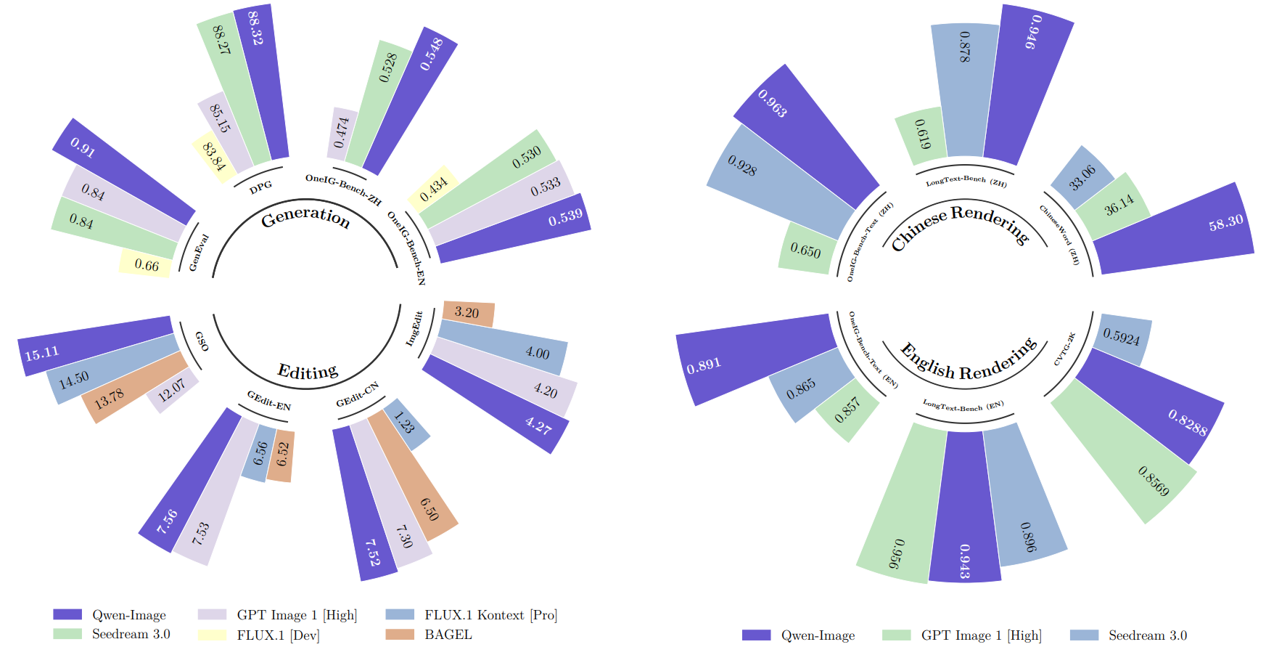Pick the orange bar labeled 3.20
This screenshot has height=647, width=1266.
468,313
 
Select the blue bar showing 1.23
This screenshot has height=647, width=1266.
406,423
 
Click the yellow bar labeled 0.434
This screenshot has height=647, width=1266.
433,188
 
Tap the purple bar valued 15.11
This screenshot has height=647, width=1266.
94,346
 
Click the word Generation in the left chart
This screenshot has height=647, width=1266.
305,217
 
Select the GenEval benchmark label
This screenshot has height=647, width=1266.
198,253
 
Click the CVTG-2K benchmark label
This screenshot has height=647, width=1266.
1064,349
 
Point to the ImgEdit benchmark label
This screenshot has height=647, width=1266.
414,328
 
